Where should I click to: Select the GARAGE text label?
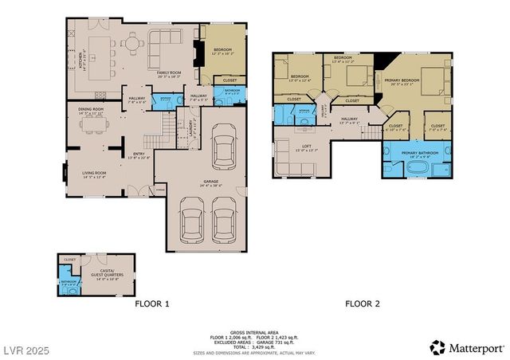click(x=210, y=182)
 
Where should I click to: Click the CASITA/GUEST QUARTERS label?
click(x=107, y=275)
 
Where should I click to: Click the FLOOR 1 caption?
click(x=152, y=303)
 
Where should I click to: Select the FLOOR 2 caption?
click(x=363, y=303)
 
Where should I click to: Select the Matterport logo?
click(x=466, y=347)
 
